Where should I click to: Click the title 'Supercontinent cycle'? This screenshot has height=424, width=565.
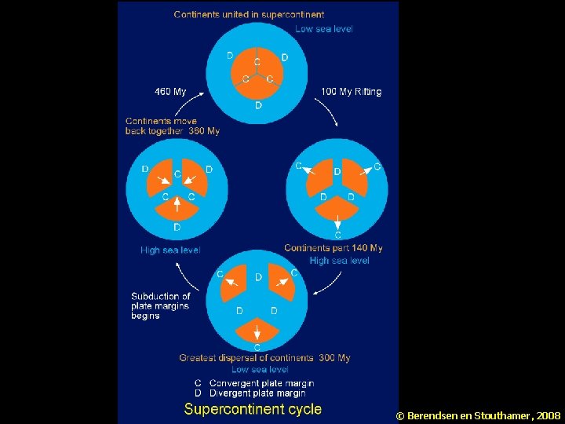(253, 408)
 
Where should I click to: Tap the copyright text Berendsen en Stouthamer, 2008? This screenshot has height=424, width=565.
(479, 415)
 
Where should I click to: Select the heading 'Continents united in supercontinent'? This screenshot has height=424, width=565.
(249, 14)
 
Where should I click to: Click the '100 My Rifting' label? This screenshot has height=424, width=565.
(351, 92)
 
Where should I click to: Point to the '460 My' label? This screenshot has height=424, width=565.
(170, 92)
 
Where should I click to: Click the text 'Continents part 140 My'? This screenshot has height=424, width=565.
(333, 248)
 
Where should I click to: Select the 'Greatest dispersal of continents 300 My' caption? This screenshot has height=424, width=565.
(264, 358)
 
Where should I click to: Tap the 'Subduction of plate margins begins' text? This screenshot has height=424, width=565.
(160, 306)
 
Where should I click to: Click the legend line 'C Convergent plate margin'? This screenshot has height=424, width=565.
(254, 382)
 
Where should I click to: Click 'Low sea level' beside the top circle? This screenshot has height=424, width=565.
(323, 29)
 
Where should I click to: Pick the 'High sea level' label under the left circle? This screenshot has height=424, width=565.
(170, 250)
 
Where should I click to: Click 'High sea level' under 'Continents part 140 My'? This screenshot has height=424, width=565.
(339, 261)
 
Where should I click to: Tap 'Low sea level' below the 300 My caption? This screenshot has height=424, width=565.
(260, 369)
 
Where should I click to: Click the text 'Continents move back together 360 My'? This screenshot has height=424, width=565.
(172, 126)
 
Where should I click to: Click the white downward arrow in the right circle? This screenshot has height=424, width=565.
(337, 222)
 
